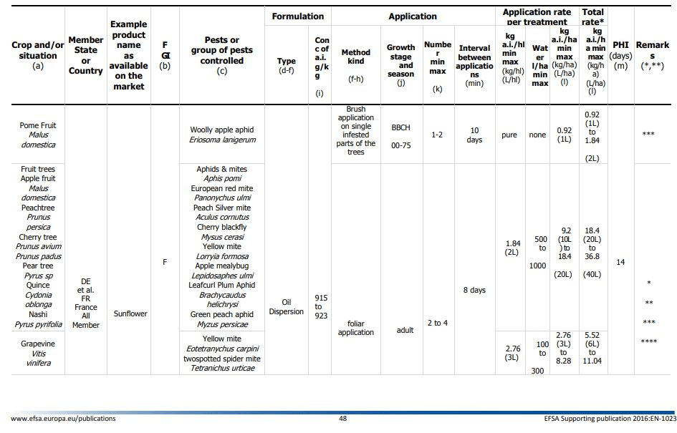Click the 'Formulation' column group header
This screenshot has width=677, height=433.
click(x=297, y=16)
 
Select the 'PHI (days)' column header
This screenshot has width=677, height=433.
click(x=620, y=51)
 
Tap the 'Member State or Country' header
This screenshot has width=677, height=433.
click(x=85, y=55)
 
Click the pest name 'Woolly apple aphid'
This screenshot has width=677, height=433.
click(x=222, y=130)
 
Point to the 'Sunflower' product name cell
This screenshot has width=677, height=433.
click(x=130, y=313)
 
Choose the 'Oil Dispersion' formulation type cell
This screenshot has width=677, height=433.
click(x=287, y=306)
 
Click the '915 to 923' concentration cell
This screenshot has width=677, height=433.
click(x=321, y=306)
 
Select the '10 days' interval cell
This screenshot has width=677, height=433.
click(x=474, y=135)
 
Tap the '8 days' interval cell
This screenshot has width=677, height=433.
click(x=474, y=291)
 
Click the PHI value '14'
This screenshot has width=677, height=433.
click(x=620, y=262)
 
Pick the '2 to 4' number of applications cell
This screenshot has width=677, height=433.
click(x=438, y=323)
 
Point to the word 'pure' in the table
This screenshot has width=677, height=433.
click(x=509, y=135)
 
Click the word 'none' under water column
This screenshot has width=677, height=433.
click(x=537, y=135)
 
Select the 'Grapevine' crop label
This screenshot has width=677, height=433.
click(x=38, y=344)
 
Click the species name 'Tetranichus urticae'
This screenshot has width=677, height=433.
click(x=223, y=368)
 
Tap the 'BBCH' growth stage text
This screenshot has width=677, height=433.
click(x=400, y=127)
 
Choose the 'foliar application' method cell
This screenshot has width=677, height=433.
click(x=356, y=328)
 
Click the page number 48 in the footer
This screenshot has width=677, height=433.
click(x=343, y=419)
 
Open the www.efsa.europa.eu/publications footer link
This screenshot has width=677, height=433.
click(x=64, y=419)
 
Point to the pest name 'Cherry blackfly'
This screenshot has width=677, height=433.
click(x=222, y=227)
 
